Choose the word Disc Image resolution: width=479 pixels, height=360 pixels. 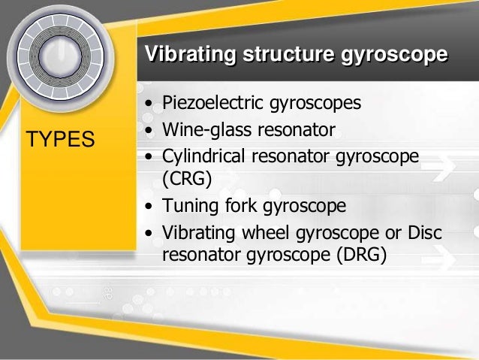click(423, 233)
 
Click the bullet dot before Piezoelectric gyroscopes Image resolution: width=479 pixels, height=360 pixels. click(150, 102)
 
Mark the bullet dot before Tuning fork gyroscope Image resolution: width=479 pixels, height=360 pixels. click(150, 206)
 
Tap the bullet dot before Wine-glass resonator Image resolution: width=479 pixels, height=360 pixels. click(150, 130)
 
